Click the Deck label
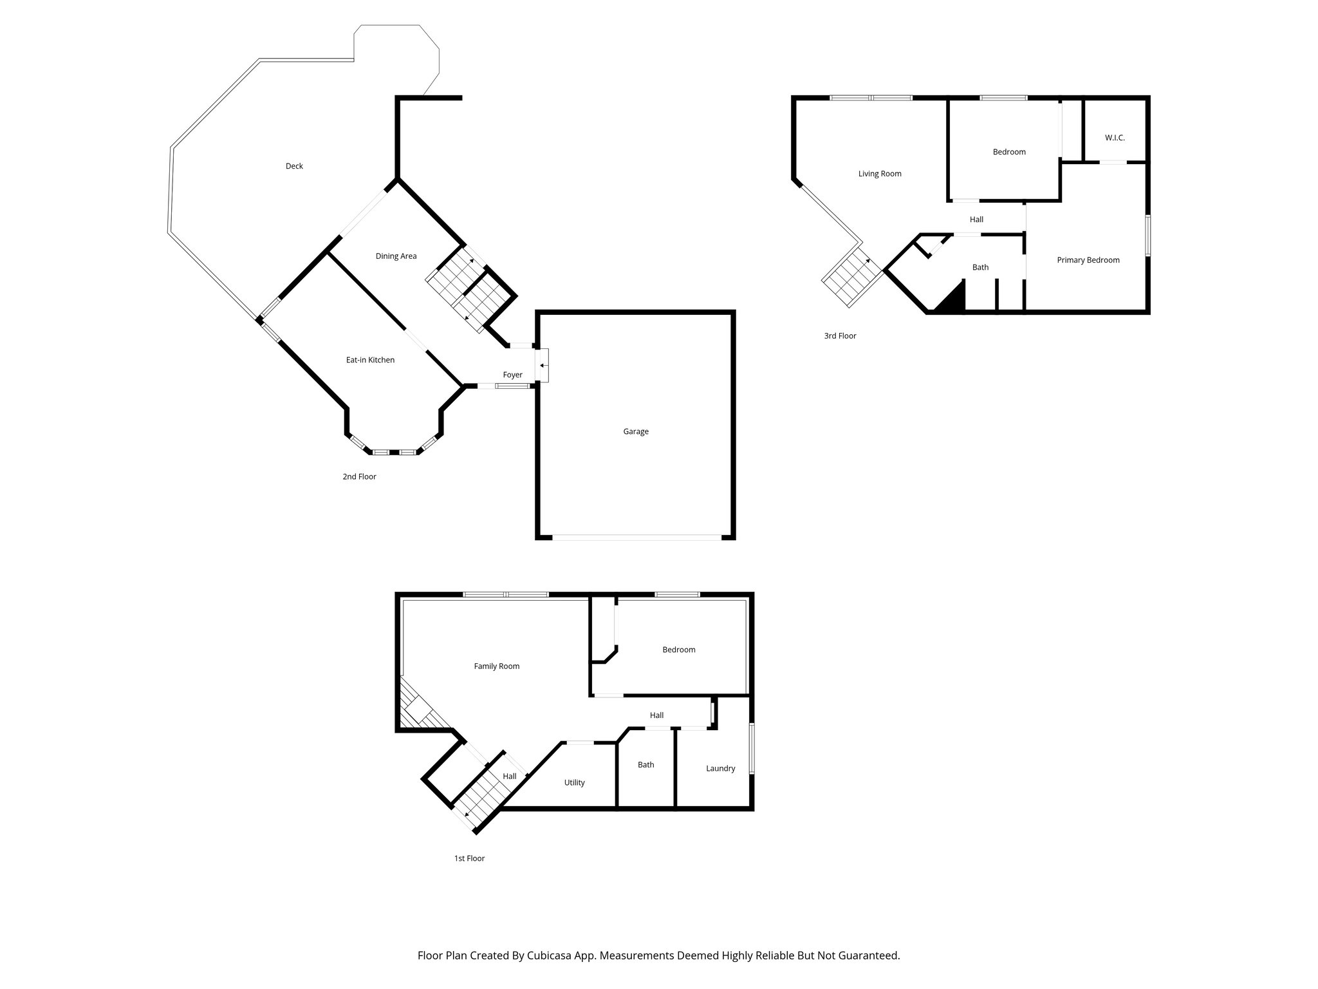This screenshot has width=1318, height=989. pos(294,166)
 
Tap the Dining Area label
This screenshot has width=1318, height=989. pos(396,256)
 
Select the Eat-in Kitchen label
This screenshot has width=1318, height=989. pos(370,360)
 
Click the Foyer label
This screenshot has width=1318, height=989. pos(512,375)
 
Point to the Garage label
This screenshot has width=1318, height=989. pos(635,431)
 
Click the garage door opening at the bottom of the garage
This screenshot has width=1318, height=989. pos(636,536)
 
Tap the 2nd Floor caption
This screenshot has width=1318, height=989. pos(359,476)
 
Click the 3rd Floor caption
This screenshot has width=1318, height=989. pos(840,335)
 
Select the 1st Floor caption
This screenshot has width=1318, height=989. pos(469,858)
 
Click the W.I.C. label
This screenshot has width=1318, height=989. pos(1115,138)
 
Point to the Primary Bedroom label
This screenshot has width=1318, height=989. pos(1088,260)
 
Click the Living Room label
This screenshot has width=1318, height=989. pos(879,174)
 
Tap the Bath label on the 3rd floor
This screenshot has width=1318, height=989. pos(980,267)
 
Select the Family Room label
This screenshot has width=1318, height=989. pos(496,666)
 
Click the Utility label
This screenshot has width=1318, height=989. pos(574,783)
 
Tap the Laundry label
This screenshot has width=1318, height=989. pos(720,768)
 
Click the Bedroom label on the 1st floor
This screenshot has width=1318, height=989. pos(678,650)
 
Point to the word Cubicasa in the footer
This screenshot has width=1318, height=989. pos(550,956)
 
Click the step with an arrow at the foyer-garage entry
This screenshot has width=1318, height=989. pos(542,365)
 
